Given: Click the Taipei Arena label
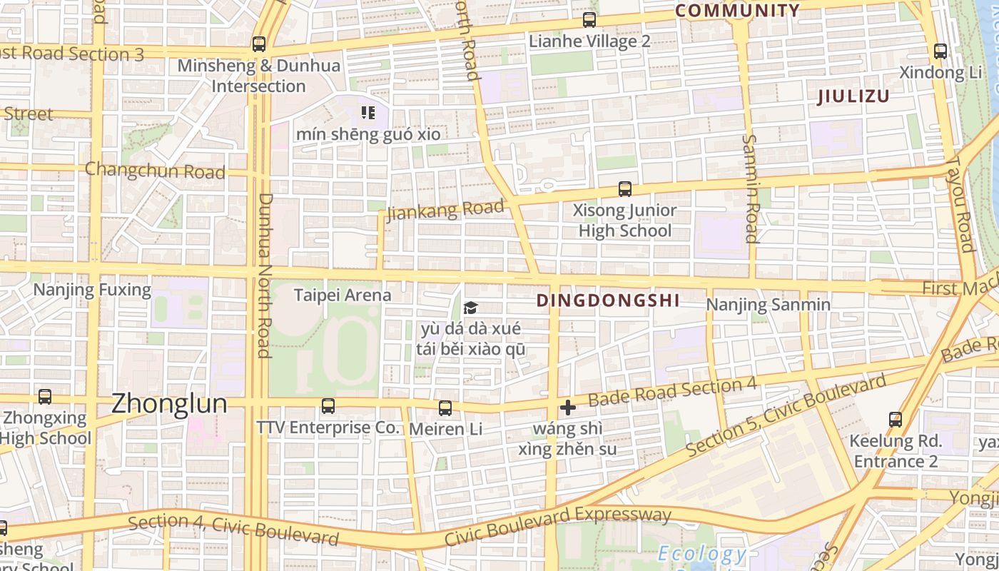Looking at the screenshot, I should click(x=343, y=295).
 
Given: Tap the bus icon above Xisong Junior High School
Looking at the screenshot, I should click(x=625, y=189).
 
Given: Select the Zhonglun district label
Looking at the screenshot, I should click(x=169, y=404).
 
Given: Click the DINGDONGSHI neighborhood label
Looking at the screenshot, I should click(x=608, y=300).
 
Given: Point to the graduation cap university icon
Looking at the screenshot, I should click(x=470, y=308).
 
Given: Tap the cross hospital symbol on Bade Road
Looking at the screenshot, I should click(x=568, y=408).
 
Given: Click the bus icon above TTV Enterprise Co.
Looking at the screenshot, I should click(x=328, y=406).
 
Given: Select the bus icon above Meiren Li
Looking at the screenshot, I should click(x=445, y=408).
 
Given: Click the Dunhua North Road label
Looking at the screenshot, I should click(x=264, y=275).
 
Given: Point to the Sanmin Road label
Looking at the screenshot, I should click(x=751, y=188).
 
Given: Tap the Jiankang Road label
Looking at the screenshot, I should click(x=445, y=211).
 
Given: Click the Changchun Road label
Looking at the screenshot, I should click(x=155, y=171).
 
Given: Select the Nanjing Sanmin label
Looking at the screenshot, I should click(x=768, y=305).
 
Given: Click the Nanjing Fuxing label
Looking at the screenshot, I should click(x=92, y=290).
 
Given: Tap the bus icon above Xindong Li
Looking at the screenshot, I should click(x=940, y=51).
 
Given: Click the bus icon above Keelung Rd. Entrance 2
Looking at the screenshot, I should click(x=896, y=419).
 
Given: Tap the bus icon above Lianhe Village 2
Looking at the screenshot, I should click(x=589, y=20).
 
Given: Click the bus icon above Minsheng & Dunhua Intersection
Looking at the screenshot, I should click(x=259, y=44).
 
